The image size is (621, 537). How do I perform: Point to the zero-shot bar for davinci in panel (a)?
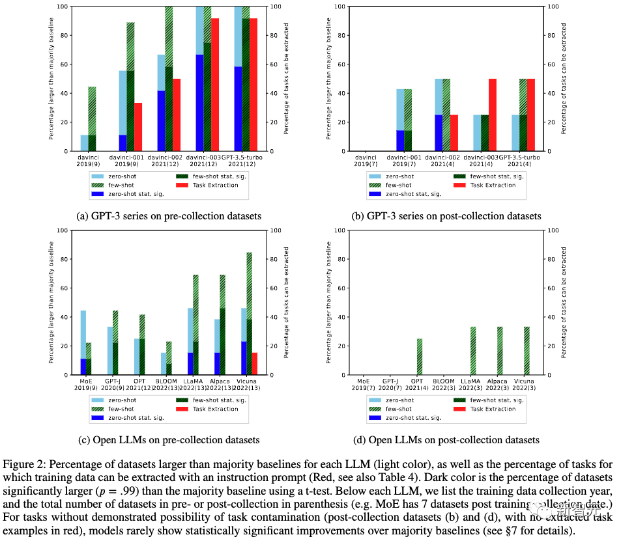point(85,143)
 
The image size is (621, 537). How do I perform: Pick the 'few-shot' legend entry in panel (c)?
point(119,409)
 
